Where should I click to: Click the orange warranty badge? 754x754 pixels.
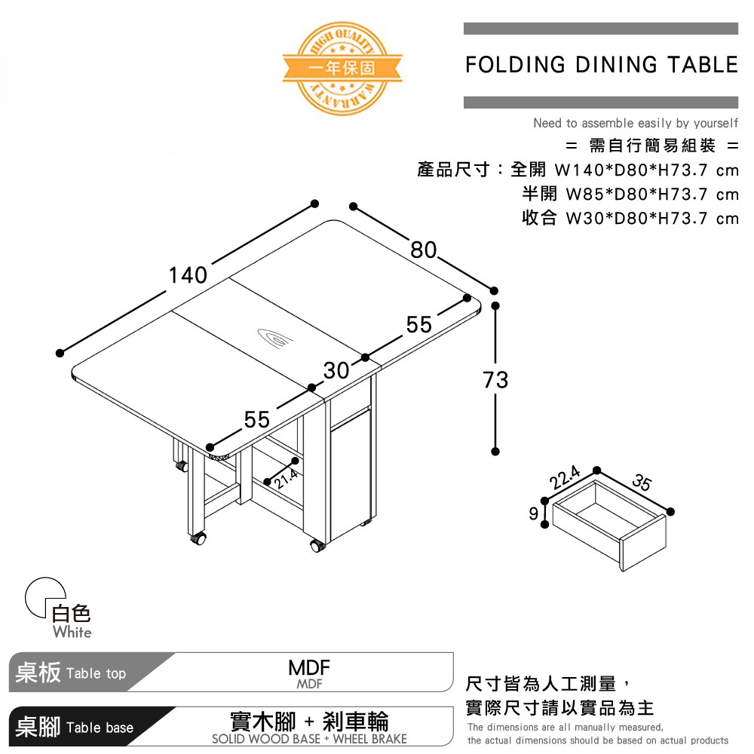click(342, 68)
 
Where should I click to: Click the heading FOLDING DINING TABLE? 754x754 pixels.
click(601, 65)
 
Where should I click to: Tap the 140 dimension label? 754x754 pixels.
click(187, 275)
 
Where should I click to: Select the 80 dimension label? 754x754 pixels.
click(424, 249)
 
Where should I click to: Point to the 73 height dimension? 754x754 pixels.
click(495, 379)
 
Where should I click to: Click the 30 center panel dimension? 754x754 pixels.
click(337, 370)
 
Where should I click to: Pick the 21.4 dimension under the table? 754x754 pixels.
click(286, 476)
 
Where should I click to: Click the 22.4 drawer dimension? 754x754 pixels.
click(565, 478)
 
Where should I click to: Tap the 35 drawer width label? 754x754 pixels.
click(642, 483)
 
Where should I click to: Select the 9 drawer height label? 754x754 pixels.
click(534, 514)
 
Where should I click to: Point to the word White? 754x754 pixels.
click(72, 632)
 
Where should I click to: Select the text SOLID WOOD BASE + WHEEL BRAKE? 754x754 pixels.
click(309, 739)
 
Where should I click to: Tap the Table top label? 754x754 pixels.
click(96, 673)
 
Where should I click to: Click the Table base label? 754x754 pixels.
click(100, 728)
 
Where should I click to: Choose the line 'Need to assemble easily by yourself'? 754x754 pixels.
click(635, 123)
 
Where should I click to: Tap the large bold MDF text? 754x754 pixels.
click(309, 667)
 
